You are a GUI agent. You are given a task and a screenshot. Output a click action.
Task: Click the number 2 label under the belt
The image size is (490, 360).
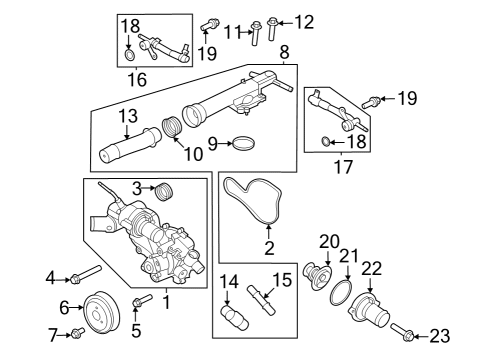coord(268,247)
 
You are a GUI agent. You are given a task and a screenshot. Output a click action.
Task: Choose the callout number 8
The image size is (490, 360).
coord(285,50)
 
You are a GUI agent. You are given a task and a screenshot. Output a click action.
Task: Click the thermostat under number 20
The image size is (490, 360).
coord(317,276)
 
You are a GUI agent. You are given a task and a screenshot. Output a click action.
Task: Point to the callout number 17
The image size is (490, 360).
coord(342,168)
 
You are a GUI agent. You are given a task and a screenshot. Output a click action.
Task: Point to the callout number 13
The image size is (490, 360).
coord(128,117)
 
